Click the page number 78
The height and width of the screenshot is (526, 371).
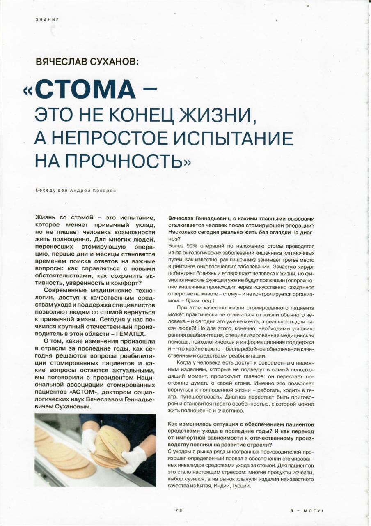coord(179,510)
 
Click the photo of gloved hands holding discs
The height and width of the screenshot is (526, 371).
coord(95,450)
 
